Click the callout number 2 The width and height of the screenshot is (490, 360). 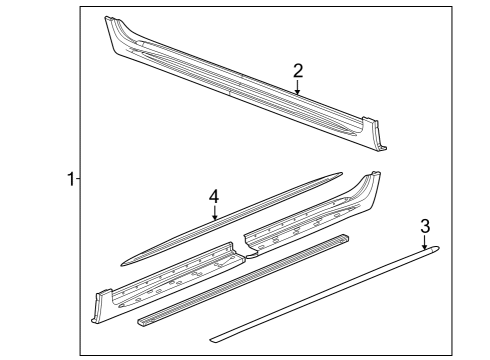click(x=297, y=70)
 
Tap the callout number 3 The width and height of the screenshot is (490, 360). click(x=425, y=227)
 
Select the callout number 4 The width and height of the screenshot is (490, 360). click(x=214, y=197)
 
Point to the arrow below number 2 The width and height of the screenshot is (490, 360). click(x=297, y=89)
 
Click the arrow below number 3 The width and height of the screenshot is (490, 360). click(x=425, y=243)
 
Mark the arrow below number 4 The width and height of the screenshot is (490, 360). click(x=214, y=214)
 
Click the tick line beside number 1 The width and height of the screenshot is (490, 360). click(x=79, y=179)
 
